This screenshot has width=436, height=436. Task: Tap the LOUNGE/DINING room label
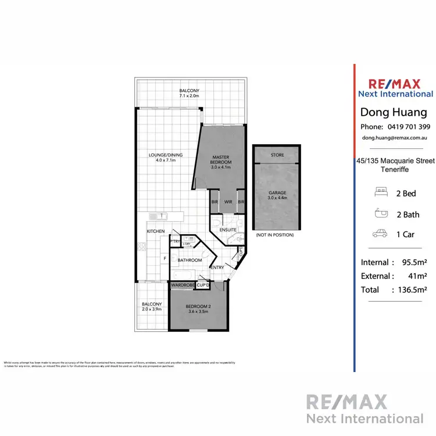pos(166,155)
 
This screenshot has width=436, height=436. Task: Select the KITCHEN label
pos(155,231)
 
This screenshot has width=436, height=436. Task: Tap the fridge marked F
pos(165,258)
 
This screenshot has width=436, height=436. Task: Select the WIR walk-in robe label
pos(228,202)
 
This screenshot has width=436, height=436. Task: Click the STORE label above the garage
pos(277,155)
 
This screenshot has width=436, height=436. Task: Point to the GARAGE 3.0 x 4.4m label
pos(277,196)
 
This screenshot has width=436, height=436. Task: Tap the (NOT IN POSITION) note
pos(274,235)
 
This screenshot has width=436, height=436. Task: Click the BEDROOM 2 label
pos(198,309)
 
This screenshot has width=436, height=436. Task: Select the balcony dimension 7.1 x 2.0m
pos(189,96)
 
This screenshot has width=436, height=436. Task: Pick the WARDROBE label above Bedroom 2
pos(183,285)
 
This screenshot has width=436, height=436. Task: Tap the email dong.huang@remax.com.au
pos(395,138)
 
